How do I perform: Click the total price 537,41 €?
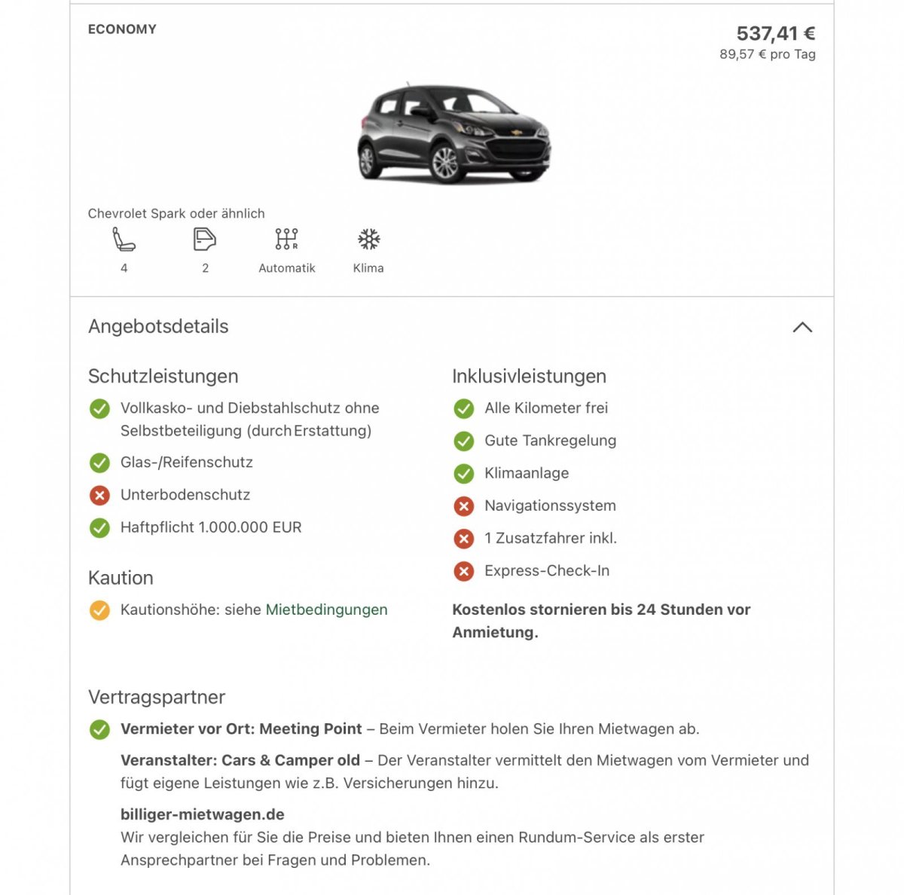tap(775, 34)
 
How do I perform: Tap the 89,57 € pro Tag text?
tap(767, 54)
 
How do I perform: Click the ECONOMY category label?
tap(122, 29)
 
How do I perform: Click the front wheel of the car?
tap(444, 163)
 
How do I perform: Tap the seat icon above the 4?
tap(124, 239)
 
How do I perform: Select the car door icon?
tap(204, 239)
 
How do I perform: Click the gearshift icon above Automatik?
tap(286, 239)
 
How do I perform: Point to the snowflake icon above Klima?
tap(368, 239)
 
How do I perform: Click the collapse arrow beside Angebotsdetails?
tap(802, 327)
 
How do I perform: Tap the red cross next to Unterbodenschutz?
tap(99, 495)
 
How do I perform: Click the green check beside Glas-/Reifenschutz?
tap(99, 463)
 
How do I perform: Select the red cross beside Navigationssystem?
tap(464, 506)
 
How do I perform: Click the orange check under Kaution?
tap(99, 610)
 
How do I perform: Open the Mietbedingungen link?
tap(326, 609)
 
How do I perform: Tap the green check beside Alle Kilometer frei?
tap(464, 408)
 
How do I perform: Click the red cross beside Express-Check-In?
tap(464, 571)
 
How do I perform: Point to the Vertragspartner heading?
tap(157, 697)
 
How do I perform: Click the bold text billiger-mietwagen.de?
tap(203, 814)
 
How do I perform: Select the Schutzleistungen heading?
tap(163, 376)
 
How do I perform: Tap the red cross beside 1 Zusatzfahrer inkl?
tap(464, 539)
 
